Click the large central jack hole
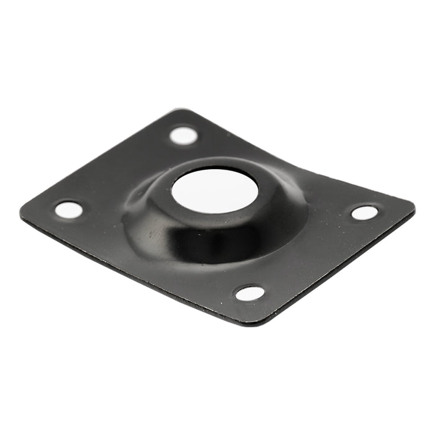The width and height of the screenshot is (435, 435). [x=214, y=190]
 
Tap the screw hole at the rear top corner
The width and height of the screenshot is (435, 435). [x=183, y=135]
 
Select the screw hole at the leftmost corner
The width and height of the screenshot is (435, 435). [x=69, y=209]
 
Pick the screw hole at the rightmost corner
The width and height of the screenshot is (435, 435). [x=365, y=213]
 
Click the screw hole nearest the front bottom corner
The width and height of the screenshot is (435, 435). [x=250, y=293]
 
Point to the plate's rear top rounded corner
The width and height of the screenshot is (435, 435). [x=178, y=112]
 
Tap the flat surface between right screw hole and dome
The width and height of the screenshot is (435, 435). [x=332, y=211]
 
